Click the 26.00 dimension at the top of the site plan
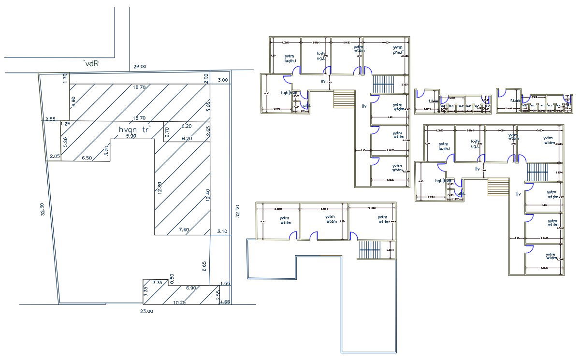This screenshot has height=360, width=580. [x=140, y=67]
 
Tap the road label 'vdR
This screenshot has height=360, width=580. [x=91, y=63]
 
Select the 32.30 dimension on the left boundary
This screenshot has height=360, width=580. [x=42, y=212]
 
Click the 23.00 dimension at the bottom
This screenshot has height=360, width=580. [x=147, y=312]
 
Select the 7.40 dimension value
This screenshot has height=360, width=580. [x=184, y=229]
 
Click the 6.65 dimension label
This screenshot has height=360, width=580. [x=204, y=266]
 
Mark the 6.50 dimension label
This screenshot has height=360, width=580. [x=87, y=158]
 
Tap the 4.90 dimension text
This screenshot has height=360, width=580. [x=73, y=101]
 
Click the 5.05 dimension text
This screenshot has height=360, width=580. [x=208, y=106]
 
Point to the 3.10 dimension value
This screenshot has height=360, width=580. [x=222, y=232]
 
